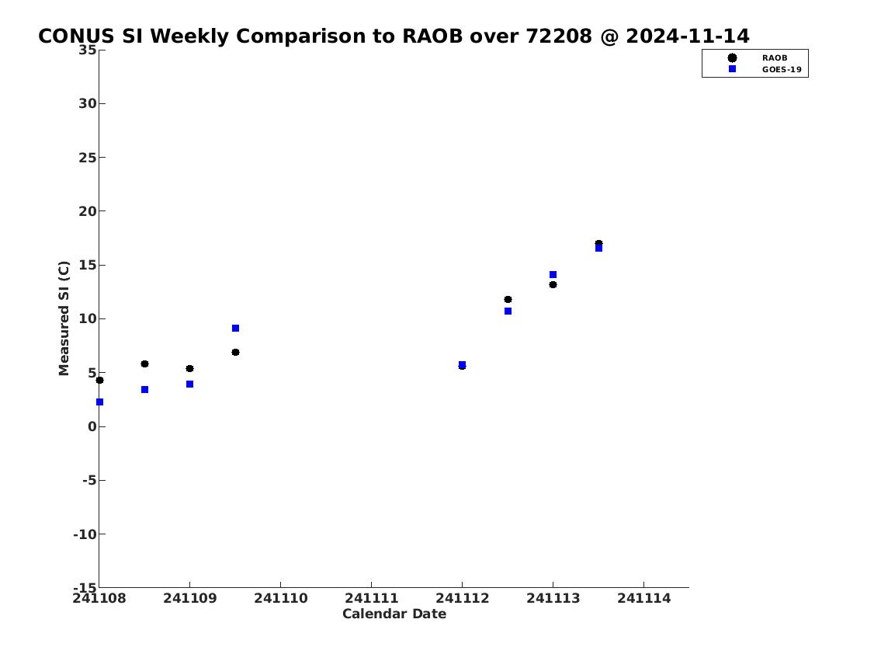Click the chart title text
click(394, 36)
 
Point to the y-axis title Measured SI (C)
click(64, 318)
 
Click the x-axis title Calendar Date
click(394, 614)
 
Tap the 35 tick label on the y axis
click(87, 50)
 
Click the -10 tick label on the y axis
click(85, 534)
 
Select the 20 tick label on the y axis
click(87, 211)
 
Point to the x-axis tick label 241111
click(371, 598)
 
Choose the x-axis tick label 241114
click(644, 598)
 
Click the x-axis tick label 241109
click(190, 598)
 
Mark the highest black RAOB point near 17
click(598, 243)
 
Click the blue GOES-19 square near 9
click(235, 329)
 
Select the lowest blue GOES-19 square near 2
click(99, 402)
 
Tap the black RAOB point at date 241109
click(190, 369)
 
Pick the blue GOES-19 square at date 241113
click(553, 275)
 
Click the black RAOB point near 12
click(508, 300)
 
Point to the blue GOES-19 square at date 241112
click(462, 364)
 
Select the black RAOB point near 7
click(235, 353)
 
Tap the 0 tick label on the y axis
click(92, 426)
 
